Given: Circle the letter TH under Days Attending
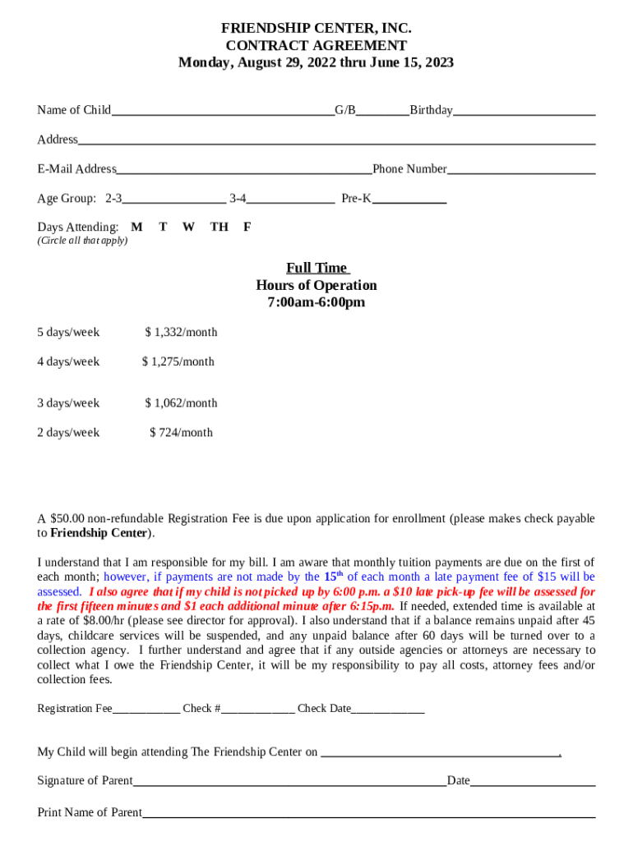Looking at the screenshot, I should coord(219,227).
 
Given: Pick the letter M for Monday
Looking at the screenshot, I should coord(136,227).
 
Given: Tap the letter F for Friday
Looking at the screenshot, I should coord(247,227).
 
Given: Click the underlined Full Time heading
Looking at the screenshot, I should coord(316,269).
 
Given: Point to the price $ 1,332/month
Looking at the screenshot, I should coord(181,333).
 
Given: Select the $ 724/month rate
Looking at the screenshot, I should coord(181,433).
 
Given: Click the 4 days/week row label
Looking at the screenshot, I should coord(68,362).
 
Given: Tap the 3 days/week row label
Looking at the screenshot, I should coord(68,403).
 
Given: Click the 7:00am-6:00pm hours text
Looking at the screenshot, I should coord(316,303).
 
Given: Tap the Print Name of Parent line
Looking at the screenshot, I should coord(368,814).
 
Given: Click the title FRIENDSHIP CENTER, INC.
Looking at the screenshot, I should coord(316,29).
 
